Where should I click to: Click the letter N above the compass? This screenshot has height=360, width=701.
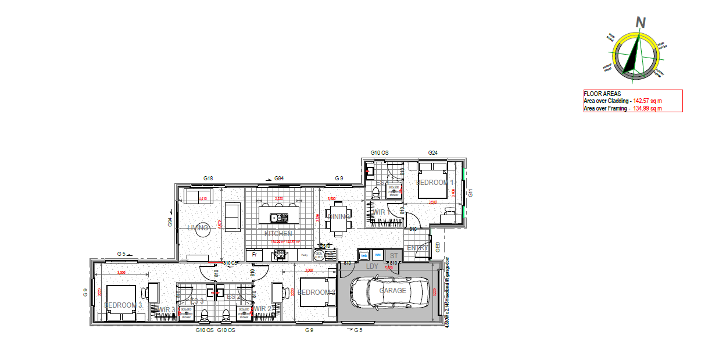point(641,22)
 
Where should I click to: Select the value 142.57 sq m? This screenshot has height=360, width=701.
point(648,101)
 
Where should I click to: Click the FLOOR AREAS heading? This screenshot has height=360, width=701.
point(602,94)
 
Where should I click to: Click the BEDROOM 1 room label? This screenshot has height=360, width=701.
point(435,183)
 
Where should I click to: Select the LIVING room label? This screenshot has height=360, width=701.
point(198,228)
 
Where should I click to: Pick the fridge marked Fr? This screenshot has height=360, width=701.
point(254,255)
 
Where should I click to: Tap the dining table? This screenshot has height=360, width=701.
point(338,218)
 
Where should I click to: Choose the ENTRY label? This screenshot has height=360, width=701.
point(417,248)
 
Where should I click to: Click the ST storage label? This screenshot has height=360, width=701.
point(394,255)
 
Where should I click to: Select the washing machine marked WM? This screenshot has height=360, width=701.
point(378,255)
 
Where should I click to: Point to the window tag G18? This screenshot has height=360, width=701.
point(209,179)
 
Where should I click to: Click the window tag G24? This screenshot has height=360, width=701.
point(432,153)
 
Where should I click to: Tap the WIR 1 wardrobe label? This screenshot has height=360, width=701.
point(379,212)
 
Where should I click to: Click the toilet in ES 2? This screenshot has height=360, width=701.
point(226,315)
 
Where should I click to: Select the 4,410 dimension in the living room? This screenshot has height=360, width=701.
point(203,199)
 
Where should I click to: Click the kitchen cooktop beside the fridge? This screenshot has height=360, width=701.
point(280,254)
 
